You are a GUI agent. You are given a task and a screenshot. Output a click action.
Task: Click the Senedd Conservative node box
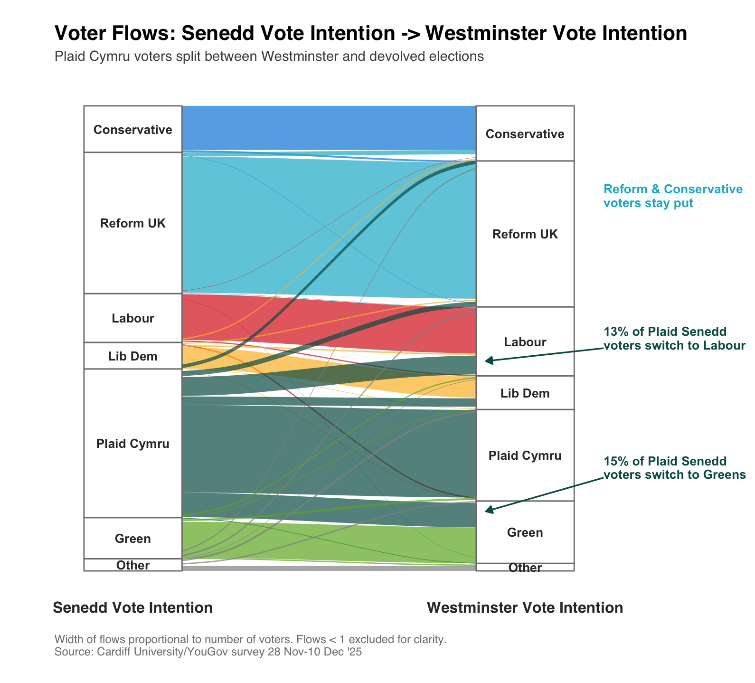click(132, 129)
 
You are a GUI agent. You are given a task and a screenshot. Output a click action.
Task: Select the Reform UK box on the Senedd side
click(132, 223)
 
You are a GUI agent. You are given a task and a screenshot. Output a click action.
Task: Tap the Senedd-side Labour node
click(132, 318)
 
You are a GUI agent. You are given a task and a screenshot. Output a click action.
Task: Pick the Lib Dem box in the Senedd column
click(132, 356)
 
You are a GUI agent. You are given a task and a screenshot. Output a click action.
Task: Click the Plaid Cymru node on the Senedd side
click(132, 443)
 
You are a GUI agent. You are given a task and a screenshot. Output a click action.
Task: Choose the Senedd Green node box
click(132, 538)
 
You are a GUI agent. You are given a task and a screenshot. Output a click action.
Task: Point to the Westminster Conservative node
click(525, 133)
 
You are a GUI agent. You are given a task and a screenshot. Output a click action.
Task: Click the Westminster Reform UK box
click(525, 234)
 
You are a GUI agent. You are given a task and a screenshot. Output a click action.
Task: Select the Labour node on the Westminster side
click(525, 341)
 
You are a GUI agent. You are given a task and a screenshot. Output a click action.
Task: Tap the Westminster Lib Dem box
click(525, 393)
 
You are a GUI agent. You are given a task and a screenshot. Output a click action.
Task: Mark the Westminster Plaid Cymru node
click(525, 455)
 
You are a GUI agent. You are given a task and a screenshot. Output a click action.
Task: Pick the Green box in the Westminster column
click(525, 532)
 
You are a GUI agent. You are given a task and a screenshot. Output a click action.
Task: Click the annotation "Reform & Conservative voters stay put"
click(672, 196)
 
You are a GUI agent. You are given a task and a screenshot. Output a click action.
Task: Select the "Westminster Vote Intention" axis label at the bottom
click(525, 607)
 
